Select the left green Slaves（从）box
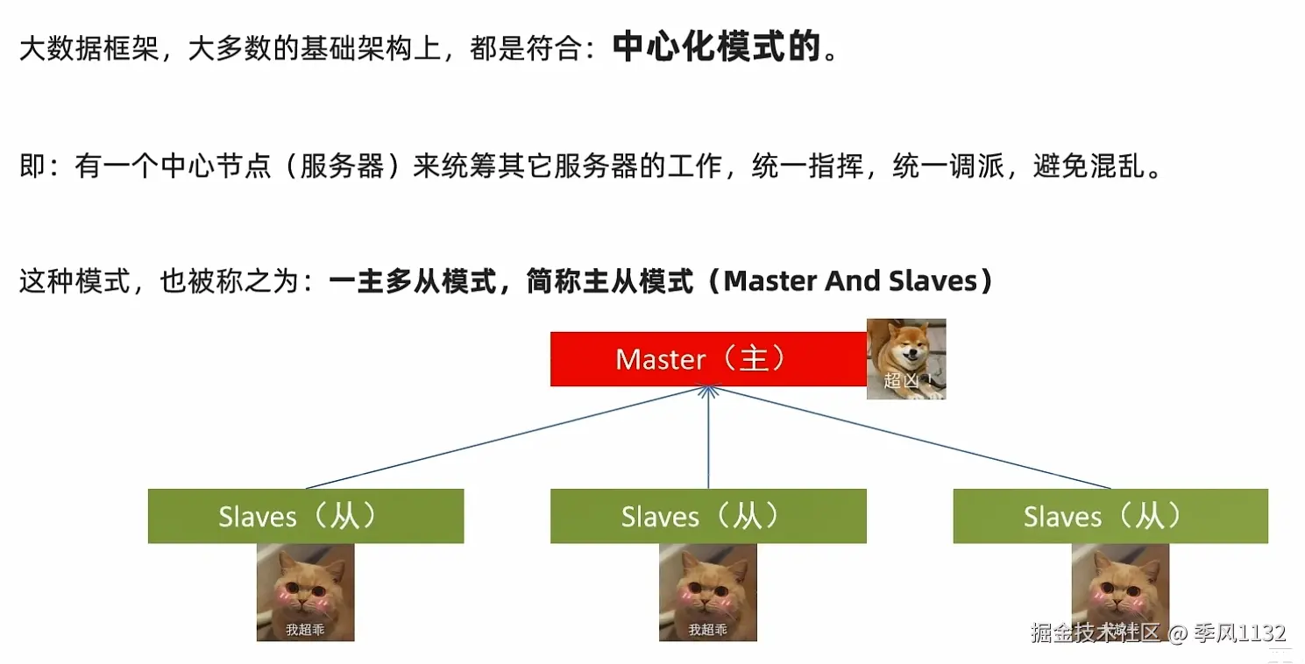point(305,516)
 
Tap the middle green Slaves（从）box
point(708,516)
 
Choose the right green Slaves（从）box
point(1110,516)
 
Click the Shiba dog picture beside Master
point(906,359)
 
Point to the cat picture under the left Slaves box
point(305,591)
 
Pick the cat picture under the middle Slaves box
point(708,591)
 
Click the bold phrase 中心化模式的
point(717,48)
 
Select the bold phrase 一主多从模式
point(413,281)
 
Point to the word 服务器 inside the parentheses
point(342,166)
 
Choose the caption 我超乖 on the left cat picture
point(304,629)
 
